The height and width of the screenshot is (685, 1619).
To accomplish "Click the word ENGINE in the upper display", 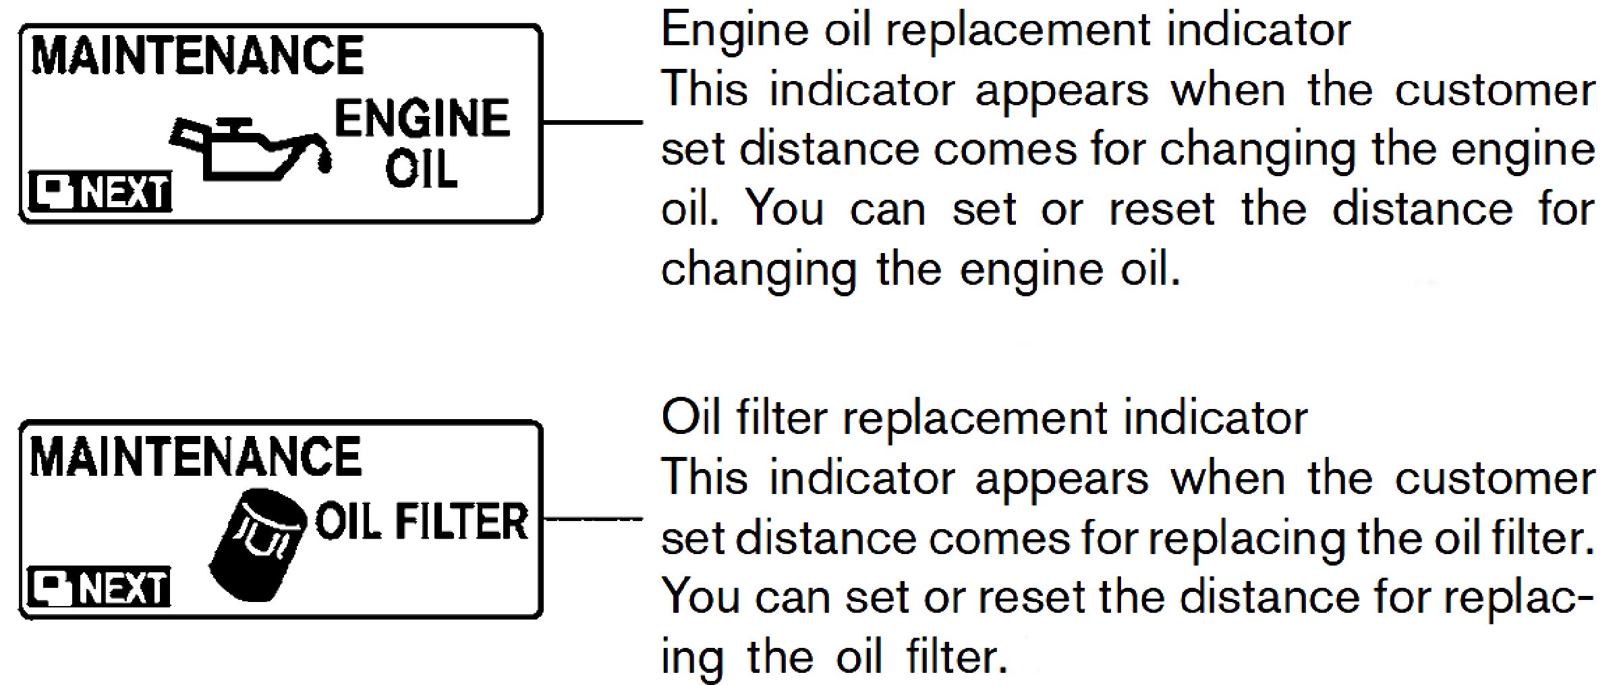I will (x=422, y=119).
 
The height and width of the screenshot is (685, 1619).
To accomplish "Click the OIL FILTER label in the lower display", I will (x=422, y=522).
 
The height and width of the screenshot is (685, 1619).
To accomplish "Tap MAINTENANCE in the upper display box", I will (x=197, y=55).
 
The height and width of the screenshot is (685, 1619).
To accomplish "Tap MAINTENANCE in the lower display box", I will (x=196, y=457).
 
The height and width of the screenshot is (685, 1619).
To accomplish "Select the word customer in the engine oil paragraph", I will (x=1494, y=90).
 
